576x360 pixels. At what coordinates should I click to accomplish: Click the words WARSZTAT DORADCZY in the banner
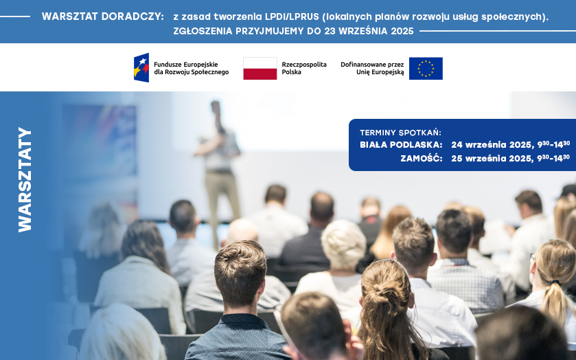pyautogui.click(x=102, y=16)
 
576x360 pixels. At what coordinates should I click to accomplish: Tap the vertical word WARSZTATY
pyautogui.click(x=25, y=179)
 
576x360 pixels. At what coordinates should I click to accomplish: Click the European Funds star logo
pyautogui.click(x=141, y=68)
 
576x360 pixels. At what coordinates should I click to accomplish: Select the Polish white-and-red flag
pyautogui.click(x=260, y=69)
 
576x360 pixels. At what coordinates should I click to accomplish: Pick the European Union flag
pyautogui.click(x=426, y=69)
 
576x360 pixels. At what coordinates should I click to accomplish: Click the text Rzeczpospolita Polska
pyautogui.click(x=304, y=68)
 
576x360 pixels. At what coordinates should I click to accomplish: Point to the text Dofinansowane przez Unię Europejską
pyautogui.click(x=372, y=68)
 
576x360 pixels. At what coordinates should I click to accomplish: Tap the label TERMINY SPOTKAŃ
pyautogui.click(x=400, y=133)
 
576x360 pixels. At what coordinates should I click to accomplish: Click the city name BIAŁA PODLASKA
pyautogui.click(x=401, y=145)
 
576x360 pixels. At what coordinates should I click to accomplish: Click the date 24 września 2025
pyautogui.click(x=492, y=145)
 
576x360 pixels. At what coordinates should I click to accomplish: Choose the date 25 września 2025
pyautogui.click(x=492, y=158)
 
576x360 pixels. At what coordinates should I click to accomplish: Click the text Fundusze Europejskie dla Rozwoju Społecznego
pyautogui.click(x=191, y=68)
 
